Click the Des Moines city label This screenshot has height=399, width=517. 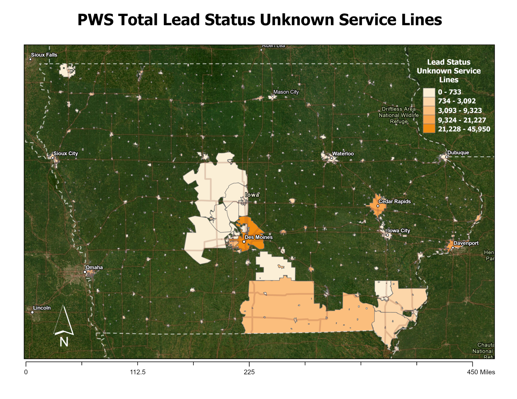coord(258,237)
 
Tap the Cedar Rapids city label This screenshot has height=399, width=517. coord(394,201)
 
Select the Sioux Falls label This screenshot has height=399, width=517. coord(44,55)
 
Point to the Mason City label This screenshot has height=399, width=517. coord(286,92)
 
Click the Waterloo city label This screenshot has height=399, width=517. coord(343,154)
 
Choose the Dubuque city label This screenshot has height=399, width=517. coord(458,153)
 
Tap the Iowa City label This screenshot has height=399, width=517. coord(399,231)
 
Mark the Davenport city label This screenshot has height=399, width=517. coord(466,243)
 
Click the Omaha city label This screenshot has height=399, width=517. coord(94,268)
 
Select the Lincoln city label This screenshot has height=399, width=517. coord(42,308)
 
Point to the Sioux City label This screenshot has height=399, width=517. coord(66,154)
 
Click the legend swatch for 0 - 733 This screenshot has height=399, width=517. coord(429,92)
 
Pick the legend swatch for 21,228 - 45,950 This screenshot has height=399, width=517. coord(429,129)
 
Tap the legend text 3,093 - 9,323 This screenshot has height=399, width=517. coord(460,111)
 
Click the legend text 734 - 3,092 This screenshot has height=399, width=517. coord(457,101)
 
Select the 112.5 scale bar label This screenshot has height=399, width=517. coord(137,372)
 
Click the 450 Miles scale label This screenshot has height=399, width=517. coord(481,372)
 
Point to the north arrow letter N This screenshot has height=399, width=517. coord(64,341)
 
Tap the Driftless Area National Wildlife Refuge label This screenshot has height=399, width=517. coord(398,115)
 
